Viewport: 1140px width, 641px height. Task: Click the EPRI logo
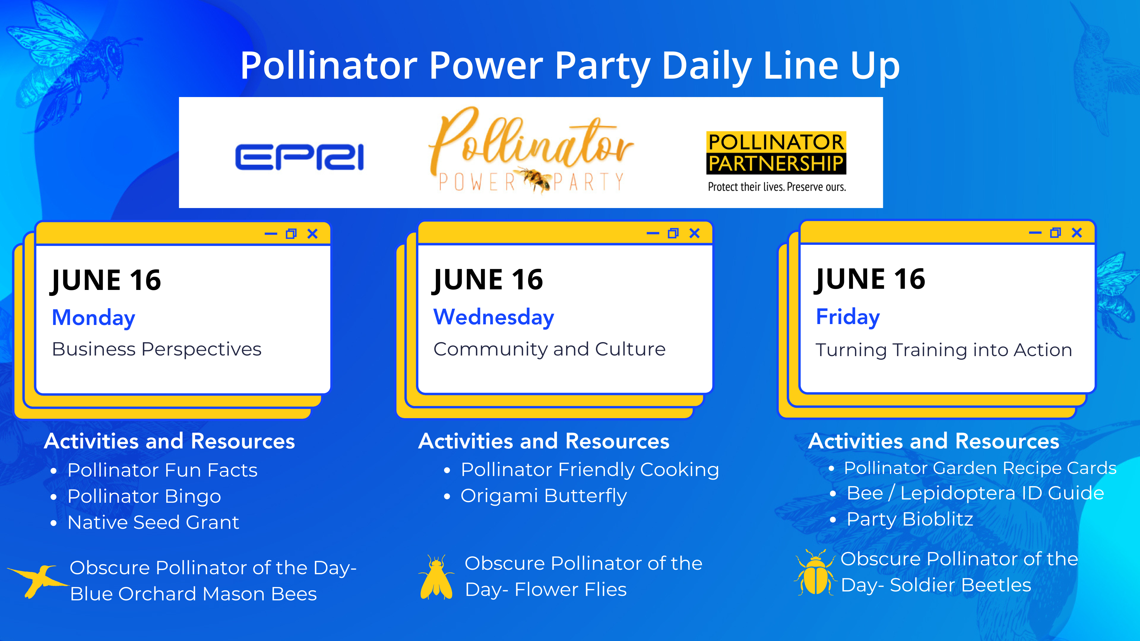coord(299,157)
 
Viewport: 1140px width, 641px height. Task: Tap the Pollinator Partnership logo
coord(776,161)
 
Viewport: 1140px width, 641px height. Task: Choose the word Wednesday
coord(493,318)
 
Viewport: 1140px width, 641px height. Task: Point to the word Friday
coord(848,317)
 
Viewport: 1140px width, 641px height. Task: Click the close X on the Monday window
coord(312,234)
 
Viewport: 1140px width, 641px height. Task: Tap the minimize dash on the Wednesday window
coord(653,233)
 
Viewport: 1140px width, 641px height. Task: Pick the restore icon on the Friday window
coord(1055,233)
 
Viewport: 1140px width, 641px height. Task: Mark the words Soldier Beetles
coord(960,585)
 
